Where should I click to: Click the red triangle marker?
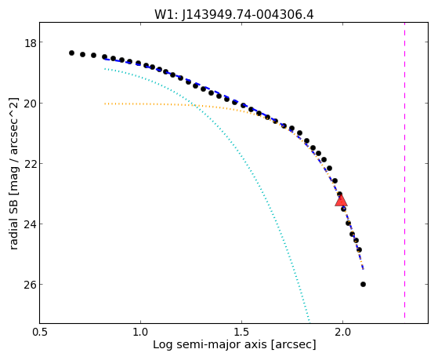click(x=341, y=201)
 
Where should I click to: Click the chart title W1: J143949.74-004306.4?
click(x=234, y=14)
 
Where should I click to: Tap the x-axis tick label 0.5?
click(x=40, y=332)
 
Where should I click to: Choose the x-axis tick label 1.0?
click(x=140, y=332)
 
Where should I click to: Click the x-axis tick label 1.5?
click(x=241, y=332)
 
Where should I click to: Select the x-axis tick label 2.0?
click(x=342, y=332)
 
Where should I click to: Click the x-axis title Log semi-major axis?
click(x=209, y=345)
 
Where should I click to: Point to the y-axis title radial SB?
click(x=14, y=223)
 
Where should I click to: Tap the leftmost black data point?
click(x=71, y=53)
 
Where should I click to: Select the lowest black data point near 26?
click(x=363, y=284)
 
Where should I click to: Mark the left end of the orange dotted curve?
click(x=105, y=104)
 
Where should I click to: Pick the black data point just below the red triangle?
click(x=344, y=209)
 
